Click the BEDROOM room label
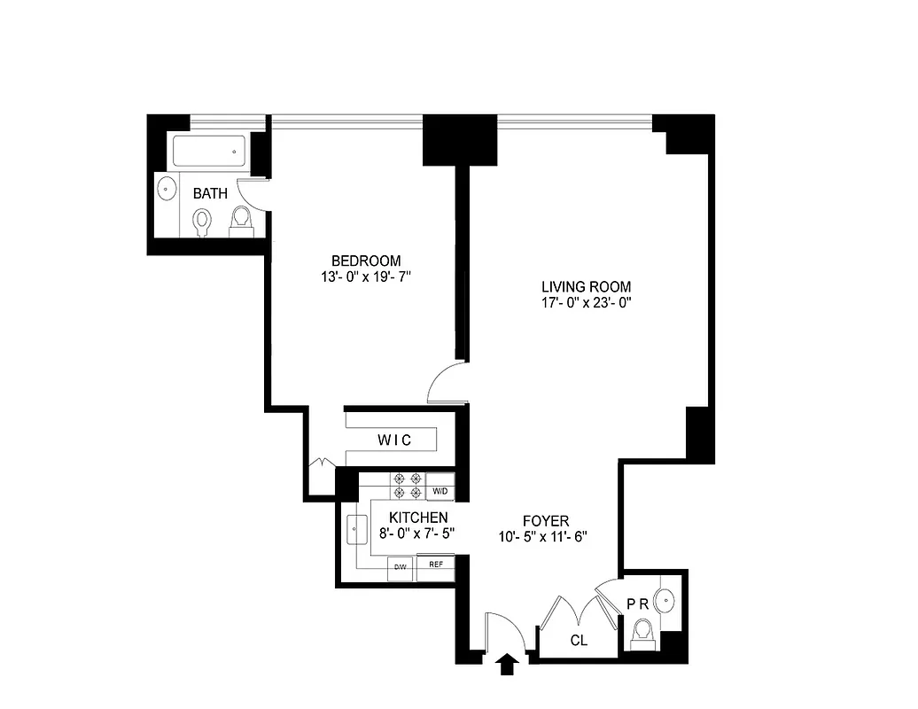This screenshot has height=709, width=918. (x=366, y=261)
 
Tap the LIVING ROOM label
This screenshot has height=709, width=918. (x=586, y=286)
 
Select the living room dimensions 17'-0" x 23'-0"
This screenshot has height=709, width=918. (x=586, y=302)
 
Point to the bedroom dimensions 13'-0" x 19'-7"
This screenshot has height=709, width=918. (x=366, y=277)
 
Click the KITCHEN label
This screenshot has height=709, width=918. (x=419, y=518)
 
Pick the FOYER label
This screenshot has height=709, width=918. (x=545, y=520)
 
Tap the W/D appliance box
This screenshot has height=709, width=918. (x=440, y=491)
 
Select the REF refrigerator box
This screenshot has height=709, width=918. (x=436, y=565)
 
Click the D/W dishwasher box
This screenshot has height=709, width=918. (x=400, y=566)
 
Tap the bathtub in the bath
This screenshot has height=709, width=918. (x=211, y=152)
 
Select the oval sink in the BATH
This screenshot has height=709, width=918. (x=166, y=188)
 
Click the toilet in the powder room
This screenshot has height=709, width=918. (x=642, y=631)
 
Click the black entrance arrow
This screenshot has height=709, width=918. (x=507, y=664)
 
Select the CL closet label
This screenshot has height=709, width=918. (x=579, y=640)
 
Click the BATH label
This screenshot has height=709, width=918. (x=210, y=193)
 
